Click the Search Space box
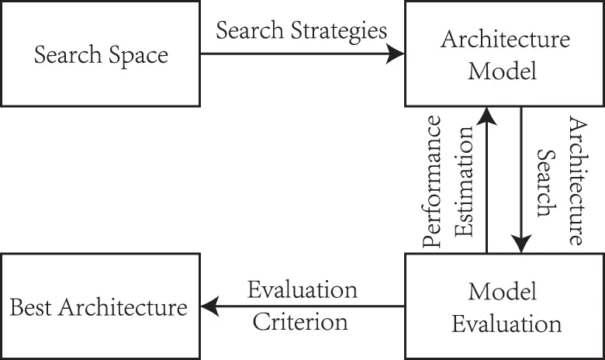pyautogui.click(x=100, y=54)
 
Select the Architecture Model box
pyautogui.click(x=504, y=54)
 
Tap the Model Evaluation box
pyautogui.click(x=504, y=306)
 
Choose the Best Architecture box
pyautogui.click(x=100, y=306)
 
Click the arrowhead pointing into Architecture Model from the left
pyautogui.click(x=396, y=54)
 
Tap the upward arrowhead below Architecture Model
pyautogui.click(x=487, y=116)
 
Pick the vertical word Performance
pyautogui.click(x=435, y=182)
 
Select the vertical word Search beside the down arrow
pyautogui.click(x=548, y=182)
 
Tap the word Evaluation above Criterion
pyautogui.click(x=303, y=291)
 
